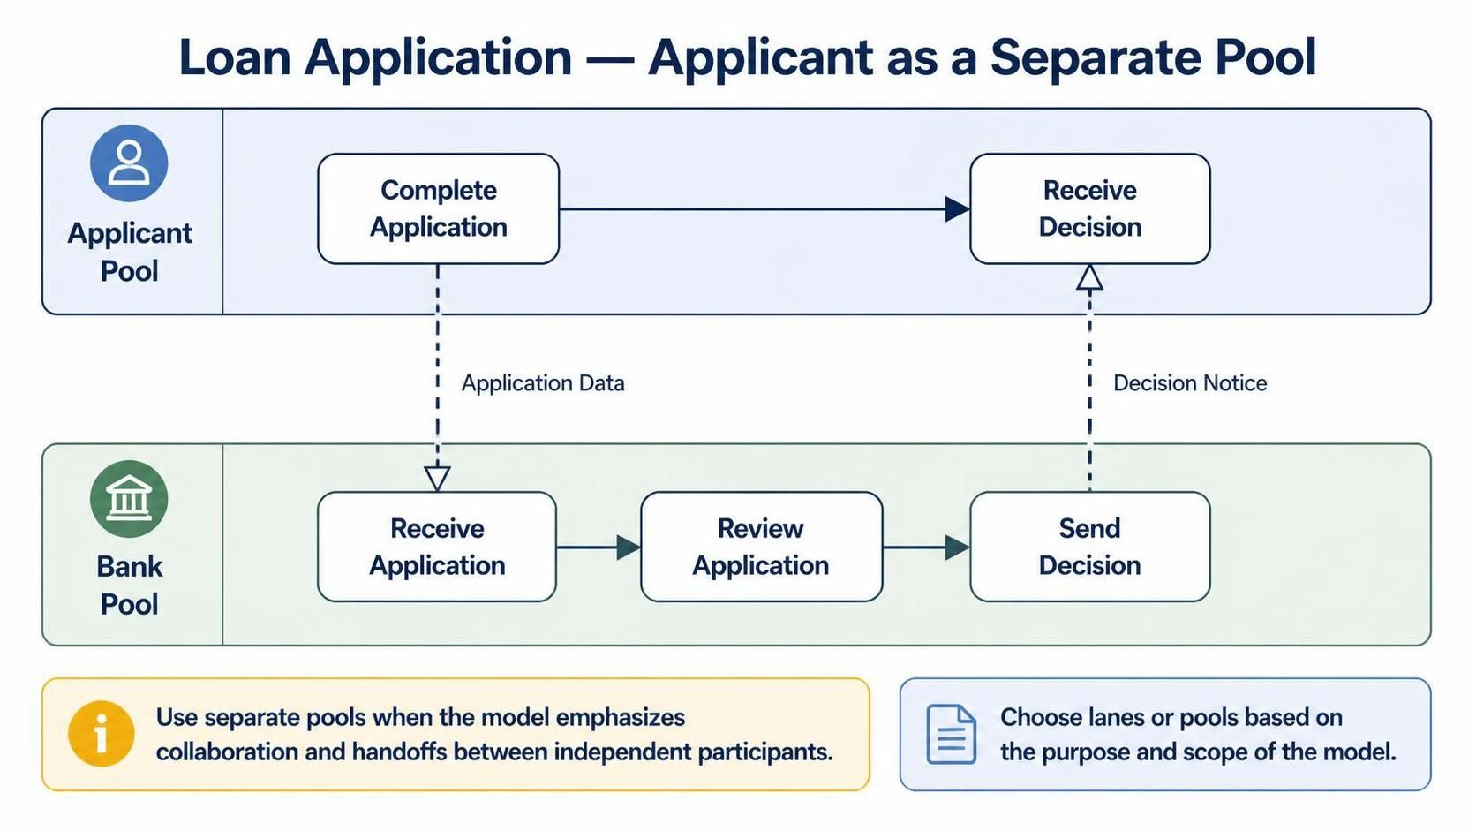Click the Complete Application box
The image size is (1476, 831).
click(x=438, y=209)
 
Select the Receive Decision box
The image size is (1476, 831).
click(x=1090, y=209)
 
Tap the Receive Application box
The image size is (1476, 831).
click(x=437, y=547)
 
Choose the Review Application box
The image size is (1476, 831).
click(x=761, y=547)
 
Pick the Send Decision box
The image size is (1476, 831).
click(x=1090, y=547)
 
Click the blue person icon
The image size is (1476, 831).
click(x=129, y=163)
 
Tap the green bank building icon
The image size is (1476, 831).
click(x=129, y=499)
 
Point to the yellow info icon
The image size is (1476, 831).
click(x=101, y=734)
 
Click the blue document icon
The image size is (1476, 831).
click(x=951, y=734)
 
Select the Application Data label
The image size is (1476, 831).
click(x=543, y=383)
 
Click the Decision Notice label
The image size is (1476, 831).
click(x=1190, y=383)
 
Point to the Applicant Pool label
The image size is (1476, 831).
click(x=129, y=252)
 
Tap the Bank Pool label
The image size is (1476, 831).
click(x=129, y=585)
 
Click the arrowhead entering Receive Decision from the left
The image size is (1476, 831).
click(x=958, y=209)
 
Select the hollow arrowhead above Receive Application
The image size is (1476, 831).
click(x=437, y=479)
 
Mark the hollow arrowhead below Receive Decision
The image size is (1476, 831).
click(x=1090, y=277)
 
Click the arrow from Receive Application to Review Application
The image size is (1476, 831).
click(x=599, y=547)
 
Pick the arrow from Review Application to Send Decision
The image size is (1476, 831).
click(x=926, y=547)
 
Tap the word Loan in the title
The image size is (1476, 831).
click(x=235, y=58)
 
